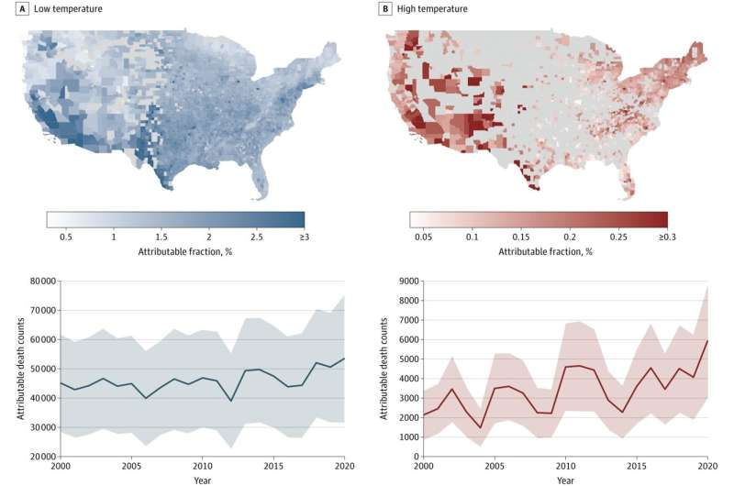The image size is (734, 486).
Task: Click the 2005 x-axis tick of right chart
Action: (x=495, y=467)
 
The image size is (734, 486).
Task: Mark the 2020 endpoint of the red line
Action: (x=707, y=340)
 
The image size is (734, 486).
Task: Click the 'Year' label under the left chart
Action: (x=199, y=479)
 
